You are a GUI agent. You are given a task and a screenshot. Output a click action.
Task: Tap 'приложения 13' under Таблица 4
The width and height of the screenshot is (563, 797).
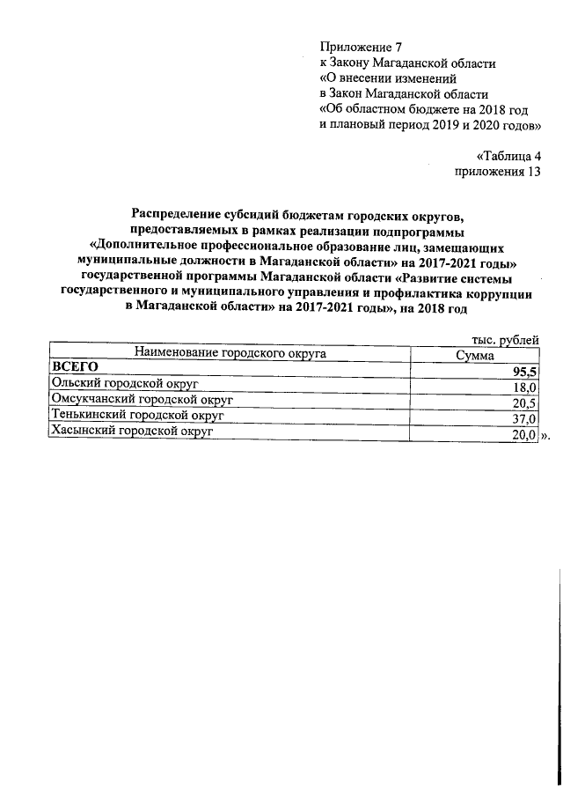click(496, 171)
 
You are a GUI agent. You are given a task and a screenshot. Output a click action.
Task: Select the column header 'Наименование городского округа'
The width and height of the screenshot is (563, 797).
click(230, 353)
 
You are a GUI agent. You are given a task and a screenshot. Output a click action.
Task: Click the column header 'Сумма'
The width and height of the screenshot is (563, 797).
click(474, 354)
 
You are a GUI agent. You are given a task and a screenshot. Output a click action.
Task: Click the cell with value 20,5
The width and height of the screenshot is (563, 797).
click(524, 403)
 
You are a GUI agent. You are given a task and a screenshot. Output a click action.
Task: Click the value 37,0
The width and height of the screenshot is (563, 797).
click(524, 419)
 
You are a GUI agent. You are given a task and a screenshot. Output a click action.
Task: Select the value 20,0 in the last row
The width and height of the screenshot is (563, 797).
click(524, 435)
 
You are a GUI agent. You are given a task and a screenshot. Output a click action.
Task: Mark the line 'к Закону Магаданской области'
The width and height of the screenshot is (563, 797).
click(407, 63)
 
